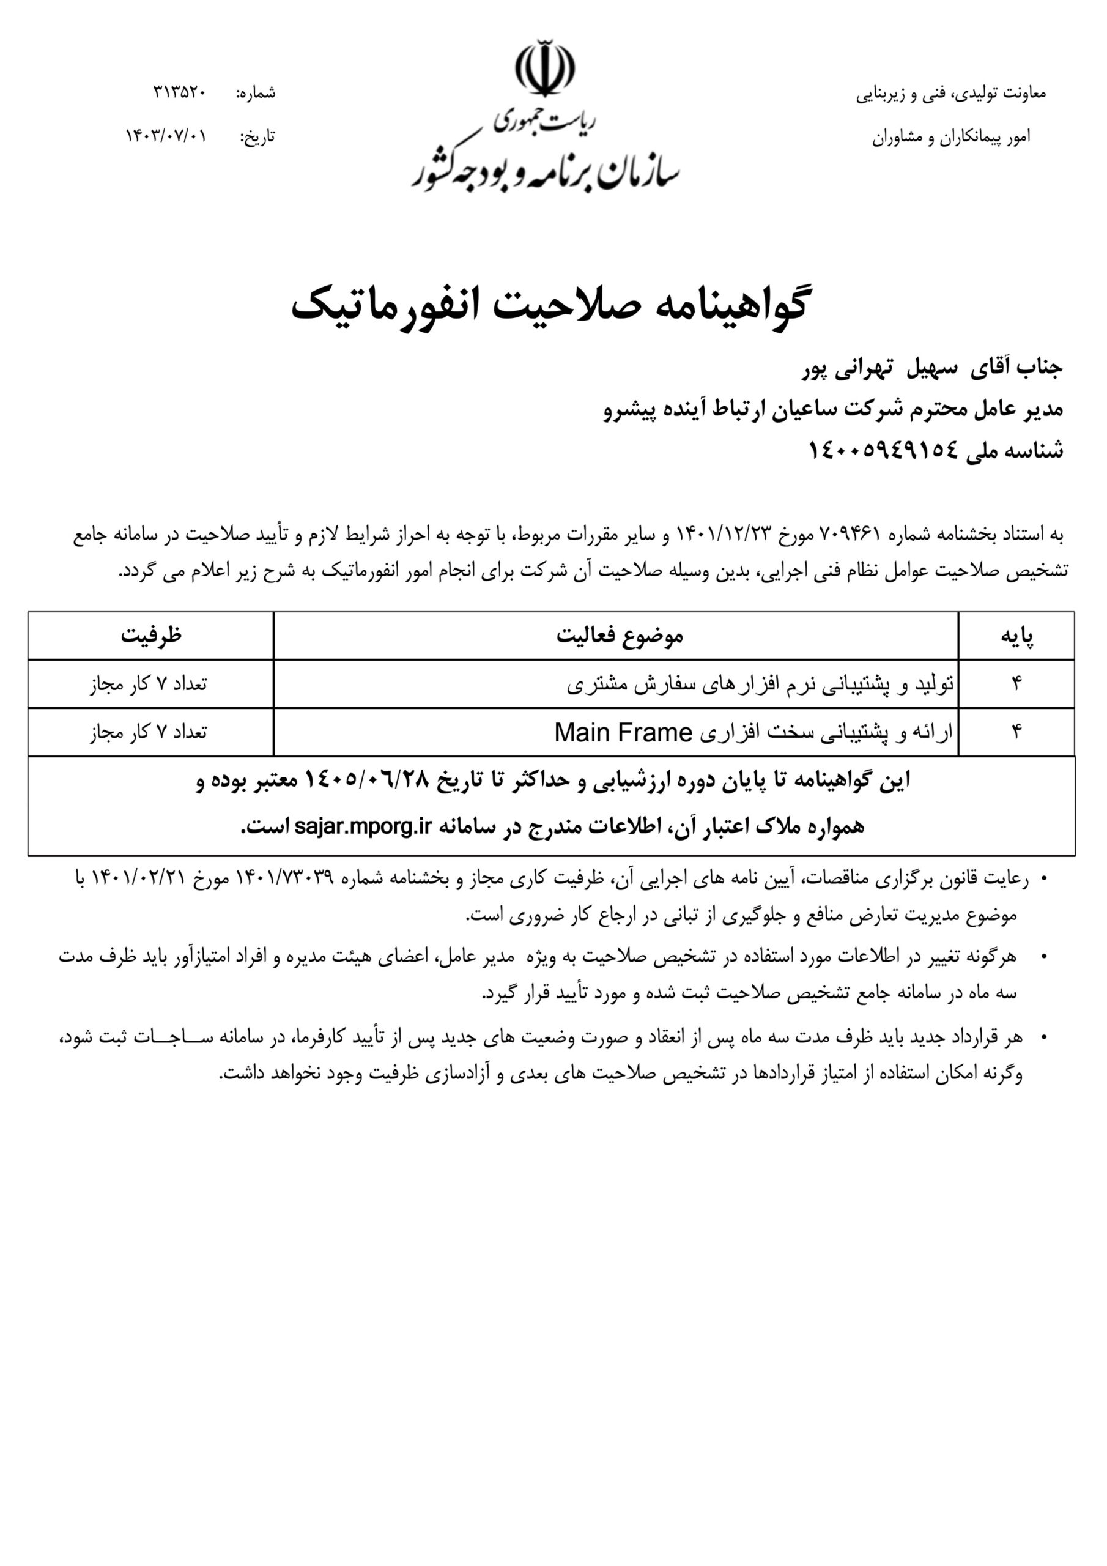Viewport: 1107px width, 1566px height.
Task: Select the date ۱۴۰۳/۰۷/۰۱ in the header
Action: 166,135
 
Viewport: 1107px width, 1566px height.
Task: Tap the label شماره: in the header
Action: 256,93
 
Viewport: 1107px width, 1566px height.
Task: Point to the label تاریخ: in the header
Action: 258,136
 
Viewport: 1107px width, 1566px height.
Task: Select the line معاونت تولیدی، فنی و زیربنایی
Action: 951,94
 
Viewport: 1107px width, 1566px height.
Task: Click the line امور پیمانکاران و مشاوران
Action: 951,137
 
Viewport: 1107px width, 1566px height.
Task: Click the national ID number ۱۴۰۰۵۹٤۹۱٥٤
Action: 883,450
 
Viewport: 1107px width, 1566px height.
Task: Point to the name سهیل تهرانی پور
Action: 880,368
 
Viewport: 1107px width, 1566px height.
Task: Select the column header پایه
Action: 1016,636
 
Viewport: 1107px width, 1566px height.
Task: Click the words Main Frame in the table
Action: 623,732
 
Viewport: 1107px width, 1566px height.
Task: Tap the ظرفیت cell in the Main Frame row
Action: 149,732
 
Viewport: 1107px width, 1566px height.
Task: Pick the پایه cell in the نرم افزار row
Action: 1016,684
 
